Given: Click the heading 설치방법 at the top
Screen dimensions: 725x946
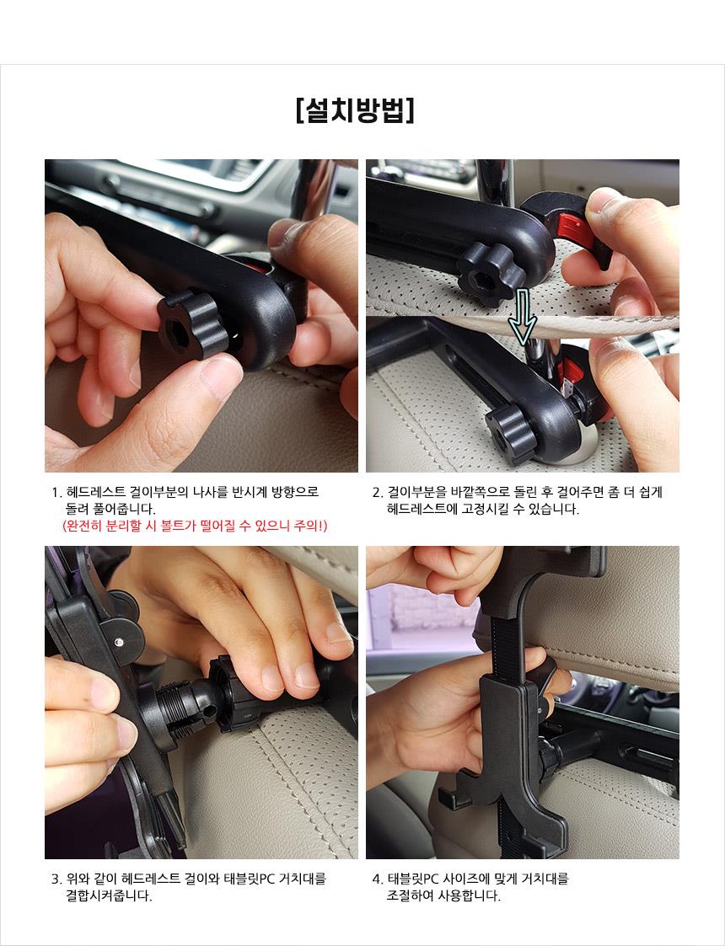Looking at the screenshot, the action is point(356,110).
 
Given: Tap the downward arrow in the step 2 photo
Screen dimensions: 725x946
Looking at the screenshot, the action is point(522,316).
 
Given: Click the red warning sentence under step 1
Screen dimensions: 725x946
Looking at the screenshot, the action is point(195,526).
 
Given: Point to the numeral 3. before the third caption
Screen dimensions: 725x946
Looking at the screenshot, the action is point(56,879).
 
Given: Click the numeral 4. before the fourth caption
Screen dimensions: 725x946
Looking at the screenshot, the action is point(378,879).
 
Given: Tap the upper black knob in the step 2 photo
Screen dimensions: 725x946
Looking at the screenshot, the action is point(491,274).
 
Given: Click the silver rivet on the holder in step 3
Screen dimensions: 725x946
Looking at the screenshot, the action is point(120,642).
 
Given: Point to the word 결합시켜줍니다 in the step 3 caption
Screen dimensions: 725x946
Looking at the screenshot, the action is point(109,896).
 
